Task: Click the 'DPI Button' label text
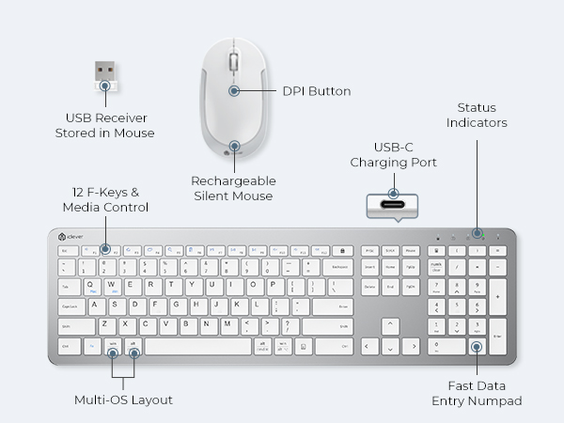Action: click(x=317, y=91)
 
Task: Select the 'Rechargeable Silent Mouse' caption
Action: click(x=232, y=189)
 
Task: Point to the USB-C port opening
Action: click(x=394, y=206)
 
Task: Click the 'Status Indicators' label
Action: click(x=477, y=116)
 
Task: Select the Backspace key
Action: click(x=337, y=267)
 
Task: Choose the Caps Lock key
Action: click(x=70, y=305)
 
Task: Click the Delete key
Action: click(x=369, y=286)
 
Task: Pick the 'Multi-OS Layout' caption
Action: click(x=123, y=400)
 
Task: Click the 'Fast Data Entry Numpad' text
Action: click(x=477, y=394)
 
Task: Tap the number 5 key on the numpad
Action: click(x=456, y=305)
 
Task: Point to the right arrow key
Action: click(x=411, y=346)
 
